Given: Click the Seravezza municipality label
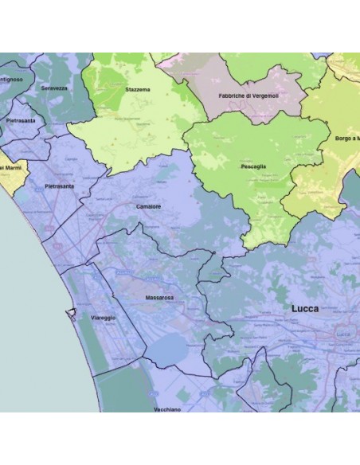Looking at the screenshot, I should [x=55, y=88].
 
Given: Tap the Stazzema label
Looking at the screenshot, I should [x=137, y=90].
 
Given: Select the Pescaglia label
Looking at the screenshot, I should [x=254, y=168].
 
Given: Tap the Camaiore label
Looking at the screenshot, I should [x=148, y=206].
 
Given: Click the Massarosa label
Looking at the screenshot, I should [x=159, y=298].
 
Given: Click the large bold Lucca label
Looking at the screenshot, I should [x=306, y=307].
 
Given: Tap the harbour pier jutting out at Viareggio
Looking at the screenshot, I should [x=72, y=311].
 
